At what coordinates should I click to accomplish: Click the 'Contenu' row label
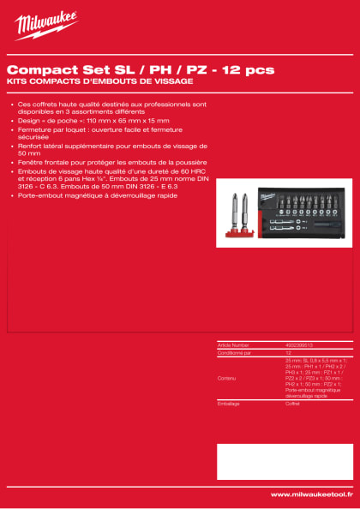pyautogui.click(x=227, y=378)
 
